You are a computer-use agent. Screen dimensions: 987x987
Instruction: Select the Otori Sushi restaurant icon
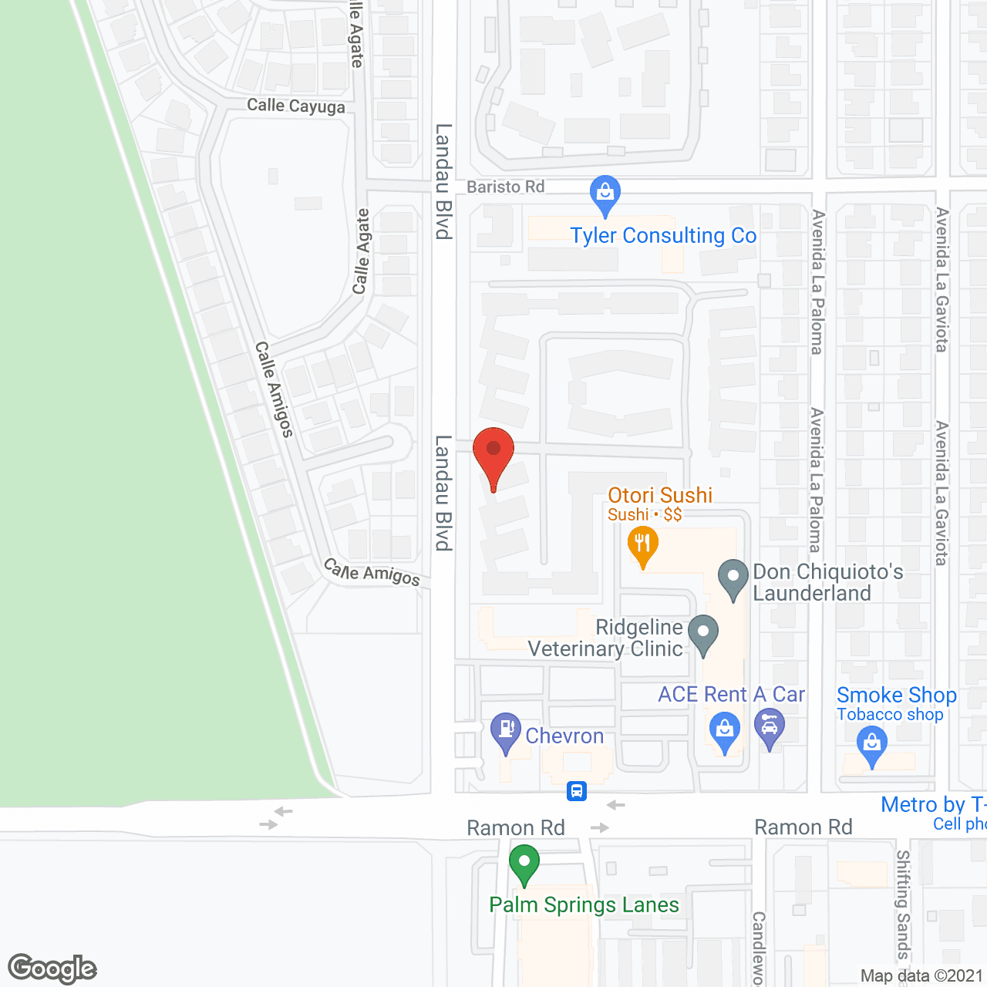coord(642,543)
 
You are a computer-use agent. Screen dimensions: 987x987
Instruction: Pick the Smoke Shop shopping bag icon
coord(872,744)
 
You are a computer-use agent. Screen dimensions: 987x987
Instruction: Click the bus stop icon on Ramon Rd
coord(577,791)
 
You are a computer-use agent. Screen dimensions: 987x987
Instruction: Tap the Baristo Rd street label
coord(506,187)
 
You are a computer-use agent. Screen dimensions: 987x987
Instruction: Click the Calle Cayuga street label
coord(296,106)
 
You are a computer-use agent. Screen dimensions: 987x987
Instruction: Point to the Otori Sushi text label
coord(660,495)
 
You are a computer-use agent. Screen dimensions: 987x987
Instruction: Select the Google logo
coord(52,968)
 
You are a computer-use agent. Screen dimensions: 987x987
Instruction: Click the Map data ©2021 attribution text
coord(922,976)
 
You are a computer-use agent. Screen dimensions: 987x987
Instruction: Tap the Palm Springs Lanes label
coord(584,904)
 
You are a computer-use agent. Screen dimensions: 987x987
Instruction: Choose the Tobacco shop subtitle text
coord(890,715)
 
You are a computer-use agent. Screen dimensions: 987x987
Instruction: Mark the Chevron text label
coord(564,736)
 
